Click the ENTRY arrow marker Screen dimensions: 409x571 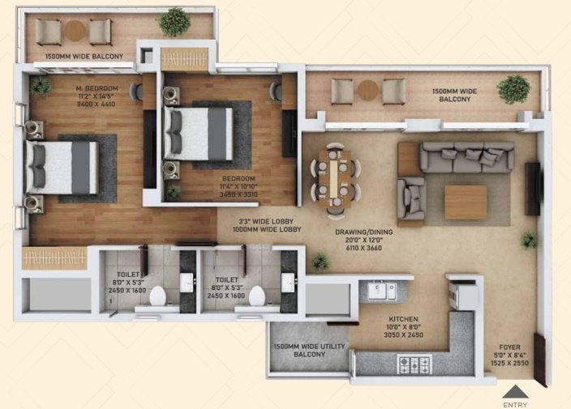[515, 391]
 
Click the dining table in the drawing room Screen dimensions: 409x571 [335, 178]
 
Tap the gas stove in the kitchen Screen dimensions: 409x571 [414, 364]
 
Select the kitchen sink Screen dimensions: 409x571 [381, 290]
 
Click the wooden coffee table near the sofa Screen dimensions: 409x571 [466, 202]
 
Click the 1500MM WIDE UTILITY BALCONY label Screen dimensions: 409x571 [308, 351]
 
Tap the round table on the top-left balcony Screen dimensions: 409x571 [75, 31]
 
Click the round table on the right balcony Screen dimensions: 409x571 [369, 90]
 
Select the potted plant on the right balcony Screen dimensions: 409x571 [513, 89]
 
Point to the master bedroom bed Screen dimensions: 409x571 [62, 168]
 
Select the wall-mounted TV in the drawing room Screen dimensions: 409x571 [532, 188]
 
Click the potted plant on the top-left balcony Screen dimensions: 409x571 [174, 21]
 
